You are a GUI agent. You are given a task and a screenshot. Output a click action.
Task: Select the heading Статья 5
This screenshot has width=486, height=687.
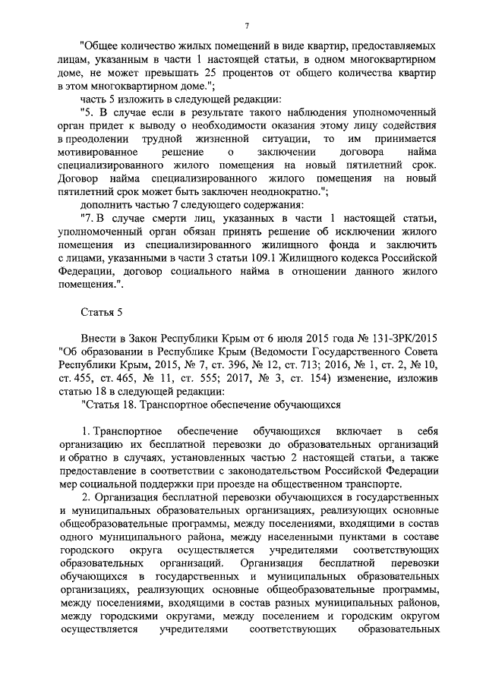pos(101,311)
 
